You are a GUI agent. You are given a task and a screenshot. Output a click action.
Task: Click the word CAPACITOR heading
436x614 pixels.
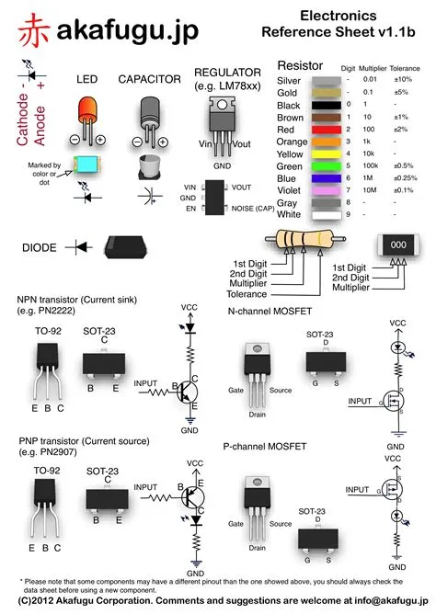point(150,80)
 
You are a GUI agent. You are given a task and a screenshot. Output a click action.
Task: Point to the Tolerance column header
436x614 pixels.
point(405,69)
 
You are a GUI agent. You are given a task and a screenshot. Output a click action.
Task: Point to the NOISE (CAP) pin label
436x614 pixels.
point(253,209)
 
